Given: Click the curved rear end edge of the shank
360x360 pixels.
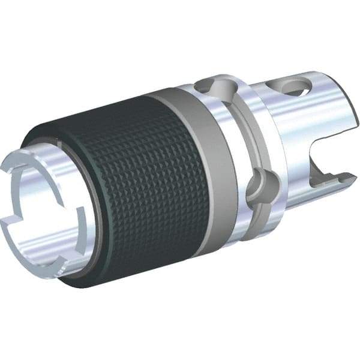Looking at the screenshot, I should click(x=348, y=120).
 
